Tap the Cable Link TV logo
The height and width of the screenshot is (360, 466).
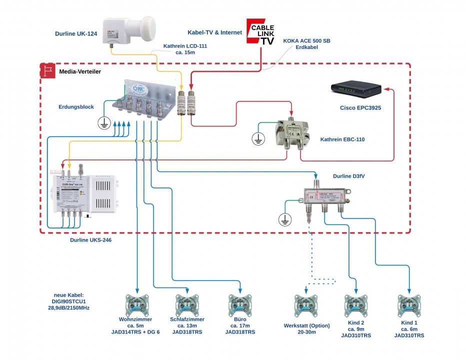[261, 32]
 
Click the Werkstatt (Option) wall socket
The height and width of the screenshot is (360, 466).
[306, 305]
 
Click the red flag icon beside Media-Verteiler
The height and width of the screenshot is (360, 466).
[48, 71]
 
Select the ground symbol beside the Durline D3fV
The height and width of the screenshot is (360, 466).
[284, 218]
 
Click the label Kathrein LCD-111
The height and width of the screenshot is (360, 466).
[185, 46]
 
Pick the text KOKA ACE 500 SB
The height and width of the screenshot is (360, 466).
[306, 40]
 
